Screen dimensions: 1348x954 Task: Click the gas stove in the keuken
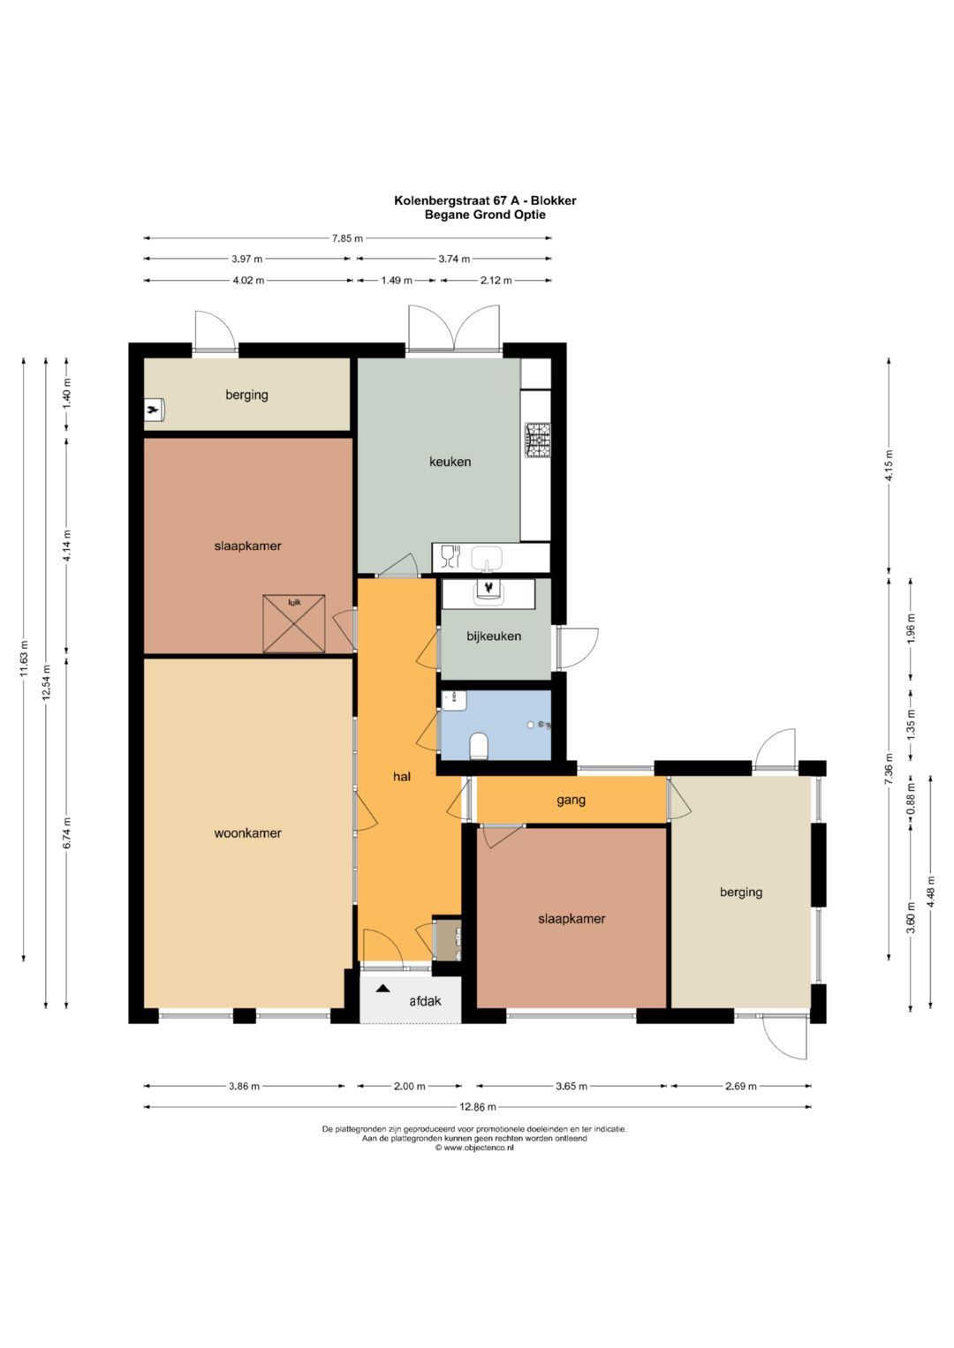click(x=537, y=440)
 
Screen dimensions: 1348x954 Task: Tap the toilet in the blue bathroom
click(x=480, y=747)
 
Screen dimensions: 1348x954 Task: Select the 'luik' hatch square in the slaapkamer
click(x=294, y=623)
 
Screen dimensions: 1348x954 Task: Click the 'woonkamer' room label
click(x=247, y=832)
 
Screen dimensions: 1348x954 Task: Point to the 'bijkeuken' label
click(x=494, y=636)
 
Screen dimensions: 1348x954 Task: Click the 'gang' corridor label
click(x=572, y=800)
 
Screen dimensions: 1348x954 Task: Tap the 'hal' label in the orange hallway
click(x=402, y=777)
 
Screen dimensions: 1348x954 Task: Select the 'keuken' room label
click(x=450, y=461)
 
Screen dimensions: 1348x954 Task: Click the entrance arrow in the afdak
click(x=382, y=988)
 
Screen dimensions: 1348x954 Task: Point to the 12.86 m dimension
click(x=478, y=1107)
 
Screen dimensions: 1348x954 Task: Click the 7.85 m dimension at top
click(x=347, y=237)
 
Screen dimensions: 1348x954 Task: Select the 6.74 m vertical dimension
click(x=67, y=833)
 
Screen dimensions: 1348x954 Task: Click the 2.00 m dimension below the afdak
click(x=409, y=1086)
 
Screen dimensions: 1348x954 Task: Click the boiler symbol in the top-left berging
click(x=155, y=410)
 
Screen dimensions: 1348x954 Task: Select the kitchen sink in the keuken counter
click(x=486, y=558)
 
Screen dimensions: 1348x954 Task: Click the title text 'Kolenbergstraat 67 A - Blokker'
click(x=485, y=200)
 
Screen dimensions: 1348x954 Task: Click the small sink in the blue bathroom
click(x=454, y=700)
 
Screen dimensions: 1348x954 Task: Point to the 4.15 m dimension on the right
click(x=889, y=464)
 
